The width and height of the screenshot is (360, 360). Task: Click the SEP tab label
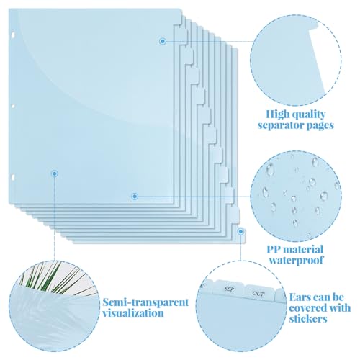(230, 289)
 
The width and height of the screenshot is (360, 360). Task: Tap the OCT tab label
(258, 294)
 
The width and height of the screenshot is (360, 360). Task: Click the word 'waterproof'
(296, 260)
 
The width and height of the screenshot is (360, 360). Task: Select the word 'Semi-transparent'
(145, 302)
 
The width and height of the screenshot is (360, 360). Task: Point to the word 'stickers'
(308, 319)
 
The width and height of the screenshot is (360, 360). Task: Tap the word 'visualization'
(133, 313)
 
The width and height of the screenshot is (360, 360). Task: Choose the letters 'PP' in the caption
(274, 250)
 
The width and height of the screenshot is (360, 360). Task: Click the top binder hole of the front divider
(12, 35)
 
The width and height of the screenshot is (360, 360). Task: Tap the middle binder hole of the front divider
(13, 106)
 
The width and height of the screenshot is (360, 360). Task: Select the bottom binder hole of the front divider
(13, 177)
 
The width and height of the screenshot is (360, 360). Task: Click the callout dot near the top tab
(163, 41)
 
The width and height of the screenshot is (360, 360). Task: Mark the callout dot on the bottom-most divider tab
(240, 232)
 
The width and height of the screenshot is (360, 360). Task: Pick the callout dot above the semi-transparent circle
(55, 174)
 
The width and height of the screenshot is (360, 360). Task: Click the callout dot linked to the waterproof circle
(135, 197)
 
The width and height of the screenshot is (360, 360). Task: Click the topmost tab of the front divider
(179, 17)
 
